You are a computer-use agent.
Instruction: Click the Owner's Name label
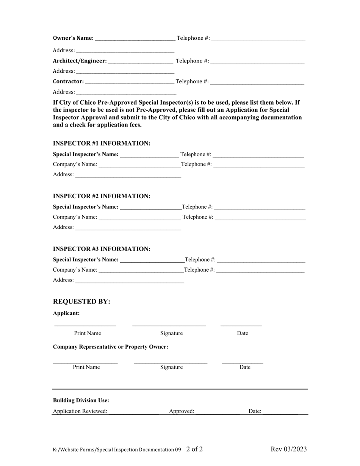[73, 38]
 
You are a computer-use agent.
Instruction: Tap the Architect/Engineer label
[80, 61]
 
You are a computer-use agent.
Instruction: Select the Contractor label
[68, 81]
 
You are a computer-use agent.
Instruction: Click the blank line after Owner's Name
[135, 39]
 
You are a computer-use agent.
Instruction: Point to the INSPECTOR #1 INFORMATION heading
[102, 143]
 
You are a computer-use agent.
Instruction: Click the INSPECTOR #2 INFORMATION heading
[102, 196]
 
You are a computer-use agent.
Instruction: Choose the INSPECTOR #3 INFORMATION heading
[102, 249]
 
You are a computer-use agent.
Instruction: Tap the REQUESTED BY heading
[81, 302]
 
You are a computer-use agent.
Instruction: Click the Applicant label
[66, 313]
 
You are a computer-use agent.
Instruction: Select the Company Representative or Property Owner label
[111, 347]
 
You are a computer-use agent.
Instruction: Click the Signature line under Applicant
[169, 325]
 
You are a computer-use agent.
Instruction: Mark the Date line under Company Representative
[243, 363]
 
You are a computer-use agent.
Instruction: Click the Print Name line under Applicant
[85, 325]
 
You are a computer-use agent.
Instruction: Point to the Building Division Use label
[81, 400]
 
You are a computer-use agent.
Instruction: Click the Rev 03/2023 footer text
[289, 449]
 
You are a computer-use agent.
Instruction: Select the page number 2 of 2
[194, 449]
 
